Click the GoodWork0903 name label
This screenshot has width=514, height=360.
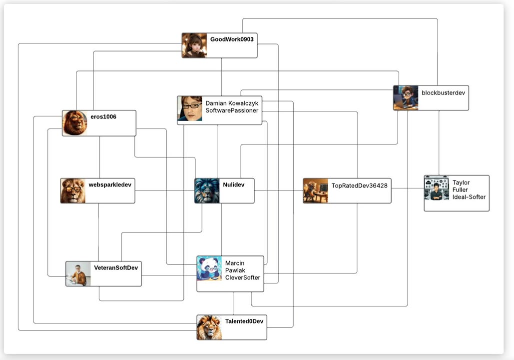pyautogui.click(x=232, y=39)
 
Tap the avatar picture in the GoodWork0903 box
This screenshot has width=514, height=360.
pyautogui.click(x=194, y=45)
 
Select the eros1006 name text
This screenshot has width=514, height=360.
pyautogui.click(x=103, y=116)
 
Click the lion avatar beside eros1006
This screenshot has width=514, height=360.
pyautogui.click(x=75, y=123)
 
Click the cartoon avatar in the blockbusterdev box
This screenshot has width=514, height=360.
pyautogui.click(x=406, y=97)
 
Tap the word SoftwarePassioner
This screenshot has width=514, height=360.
pyautogui.click(x=232, y=110)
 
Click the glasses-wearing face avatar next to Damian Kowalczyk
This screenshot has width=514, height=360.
pyautogui.click(x=190, y=109)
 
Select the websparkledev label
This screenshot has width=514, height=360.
pyautogui.click(x=110, y=184)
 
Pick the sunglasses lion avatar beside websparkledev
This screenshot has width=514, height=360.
pyautogui.click(x=73, y=191)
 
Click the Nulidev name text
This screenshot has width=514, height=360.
pyautogui.click(x=234, y=184)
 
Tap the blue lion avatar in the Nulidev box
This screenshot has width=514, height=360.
pyautogui.click(x=207, y=191)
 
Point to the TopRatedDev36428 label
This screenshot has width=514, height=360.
pyautogui.click(x=360, y=185)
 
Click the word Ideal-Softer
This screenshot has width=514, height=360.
pyautogui.click(x=469, y=197)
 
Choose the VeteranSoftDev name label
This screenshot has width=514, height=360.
pyautogui.click(x=116, y=267)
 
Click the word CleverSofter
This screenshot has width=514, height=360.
pyautogui.click(x=243, y=277)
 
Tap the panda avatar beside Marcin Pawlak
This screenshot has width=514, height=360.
pyautogui.click(x=209, y=268)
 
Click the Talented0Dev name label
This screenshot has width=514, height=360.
pyautogui.click(x=244, y=321)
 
